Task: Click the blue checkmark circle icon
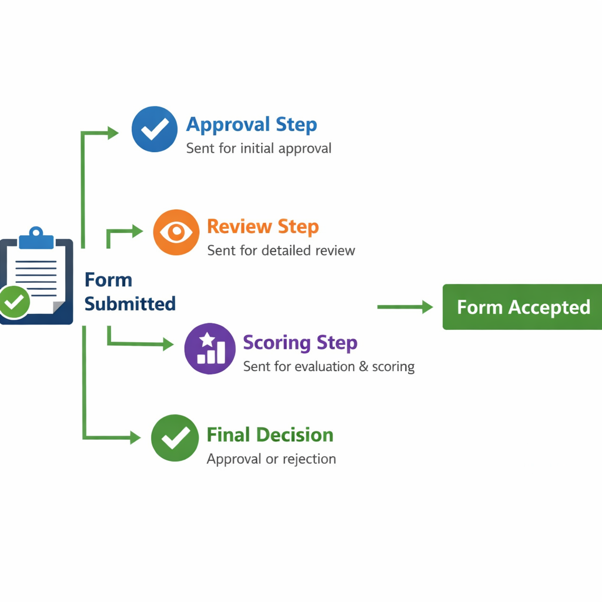(x=155, y=129)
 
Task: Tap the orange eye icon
(x=176, y=232)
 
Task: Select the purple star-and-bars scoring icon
(x=210, y=349)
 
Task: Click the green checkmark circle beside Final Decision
(x=175, y=438)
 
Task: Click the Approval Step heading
(x=252, y=125)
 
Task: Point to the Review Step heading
(x=263, y=226)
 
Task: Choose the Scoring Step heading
(x=300, y=342)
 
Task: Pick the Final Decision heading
(x=270, y=435)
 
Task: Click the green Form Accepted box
(x=523, y=307)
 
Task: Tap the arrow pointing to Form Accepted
(x=406, y=307)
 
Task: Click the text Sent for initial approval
(x=259, y=148)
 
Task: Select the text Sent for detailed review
(x=281, y=250)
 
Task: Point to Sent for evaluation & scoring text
(x=329, y=367)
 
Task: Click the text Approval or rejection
(x=271, y=459)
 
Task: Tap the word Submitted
(x=130, y=304)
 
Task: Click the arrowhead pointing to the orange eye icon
(x=138, y=232)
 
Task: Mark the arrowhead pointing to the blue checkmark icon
(x=113, y=133)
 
